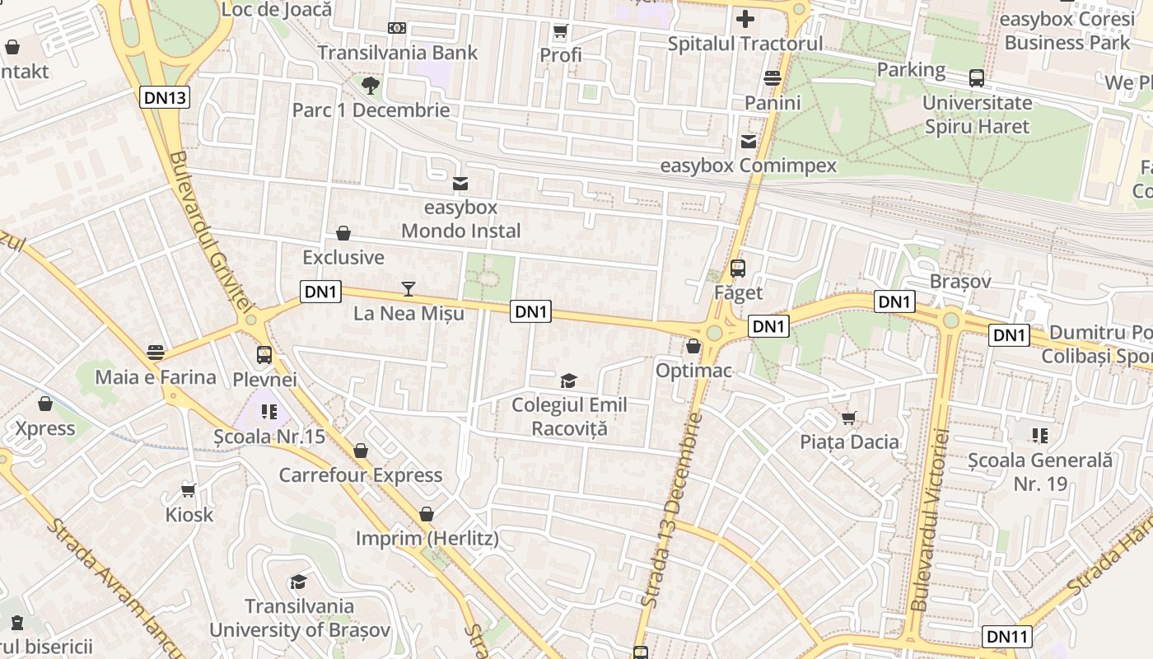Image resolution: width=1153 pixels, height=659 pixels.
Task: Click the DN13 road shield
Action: click(165, 97)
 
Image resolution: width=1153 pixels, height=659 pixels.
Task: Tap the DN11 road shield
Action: click(1006, 636)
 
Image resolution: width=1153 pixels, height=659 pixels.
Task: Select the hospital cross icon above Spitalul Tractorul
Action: click(745, 18)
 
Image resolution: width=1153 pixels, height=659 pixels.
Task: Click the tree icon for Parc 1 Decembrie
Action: click(371, 85)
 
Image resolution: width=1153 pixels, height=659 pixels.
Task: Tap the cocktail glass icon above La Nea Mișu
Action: click(408, 288)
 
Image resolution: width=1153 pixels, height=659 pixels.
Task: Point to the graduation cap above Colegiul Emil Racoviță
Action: click(568, 380)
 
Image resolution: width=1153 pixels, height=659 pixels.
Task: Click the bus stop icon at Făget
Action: click(738, 268)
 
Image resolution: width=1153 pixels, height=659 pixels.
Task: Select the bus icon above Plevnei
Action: click(264, 355)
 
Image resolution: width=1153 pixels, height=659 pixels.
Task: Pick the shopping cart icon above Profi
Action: click(561, 31)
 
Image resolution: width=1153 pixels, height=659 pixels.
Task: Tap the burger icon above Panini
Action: click(773, 78)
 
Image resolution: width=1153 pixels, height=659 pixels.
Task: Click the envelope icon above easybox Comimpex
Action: click(748, 142)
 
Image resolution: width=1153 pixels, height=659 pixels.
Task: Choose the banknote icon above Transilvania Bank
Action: click(397, 28)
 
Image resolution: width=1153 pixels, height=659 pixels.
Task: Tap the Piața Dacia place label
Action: click(849, 442)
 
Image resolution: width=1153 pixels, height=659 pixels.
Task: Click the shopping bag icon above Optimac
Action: click(693, 346)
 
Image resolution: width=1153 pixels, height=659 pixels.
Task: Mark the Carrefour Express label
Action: click(360, 475)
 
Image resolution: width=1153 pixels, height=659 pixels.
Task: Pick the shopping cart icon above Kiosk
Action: click(189, 490)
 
